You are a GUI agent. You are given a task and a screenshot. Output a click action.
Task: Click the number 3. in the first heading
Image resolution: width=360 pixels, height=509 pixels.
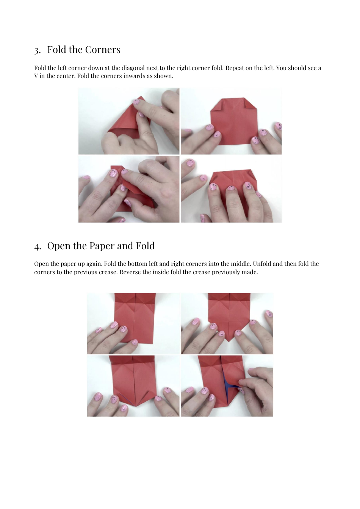[x=37, y=50]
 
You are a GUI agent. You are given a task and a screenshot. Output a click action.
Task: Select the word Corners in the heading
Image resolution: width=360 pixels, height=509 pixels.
[x=102, y=50]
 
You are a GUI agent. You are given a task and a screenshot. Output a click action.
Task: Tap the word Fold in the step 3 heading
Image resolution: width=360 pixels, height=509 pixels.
[x=56, y=50]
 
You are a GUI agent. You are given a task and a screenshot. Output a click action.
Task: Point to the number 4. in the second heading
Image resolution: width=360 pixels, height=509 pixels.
[x=37, y=247]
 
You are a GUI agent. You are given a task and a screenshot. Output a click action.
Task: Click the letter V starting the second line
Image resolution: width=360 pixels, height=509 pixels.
[x=36, y=76]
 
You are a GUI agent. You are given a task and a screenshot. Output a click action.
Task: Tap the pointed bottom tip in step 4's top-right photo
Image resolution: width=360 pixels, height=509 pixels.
[x=229, y=340]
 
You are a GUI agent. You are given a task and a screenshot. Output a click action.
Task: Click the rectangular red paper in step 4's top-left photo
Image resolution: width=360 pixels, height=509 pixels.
[x=135, y=318]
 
